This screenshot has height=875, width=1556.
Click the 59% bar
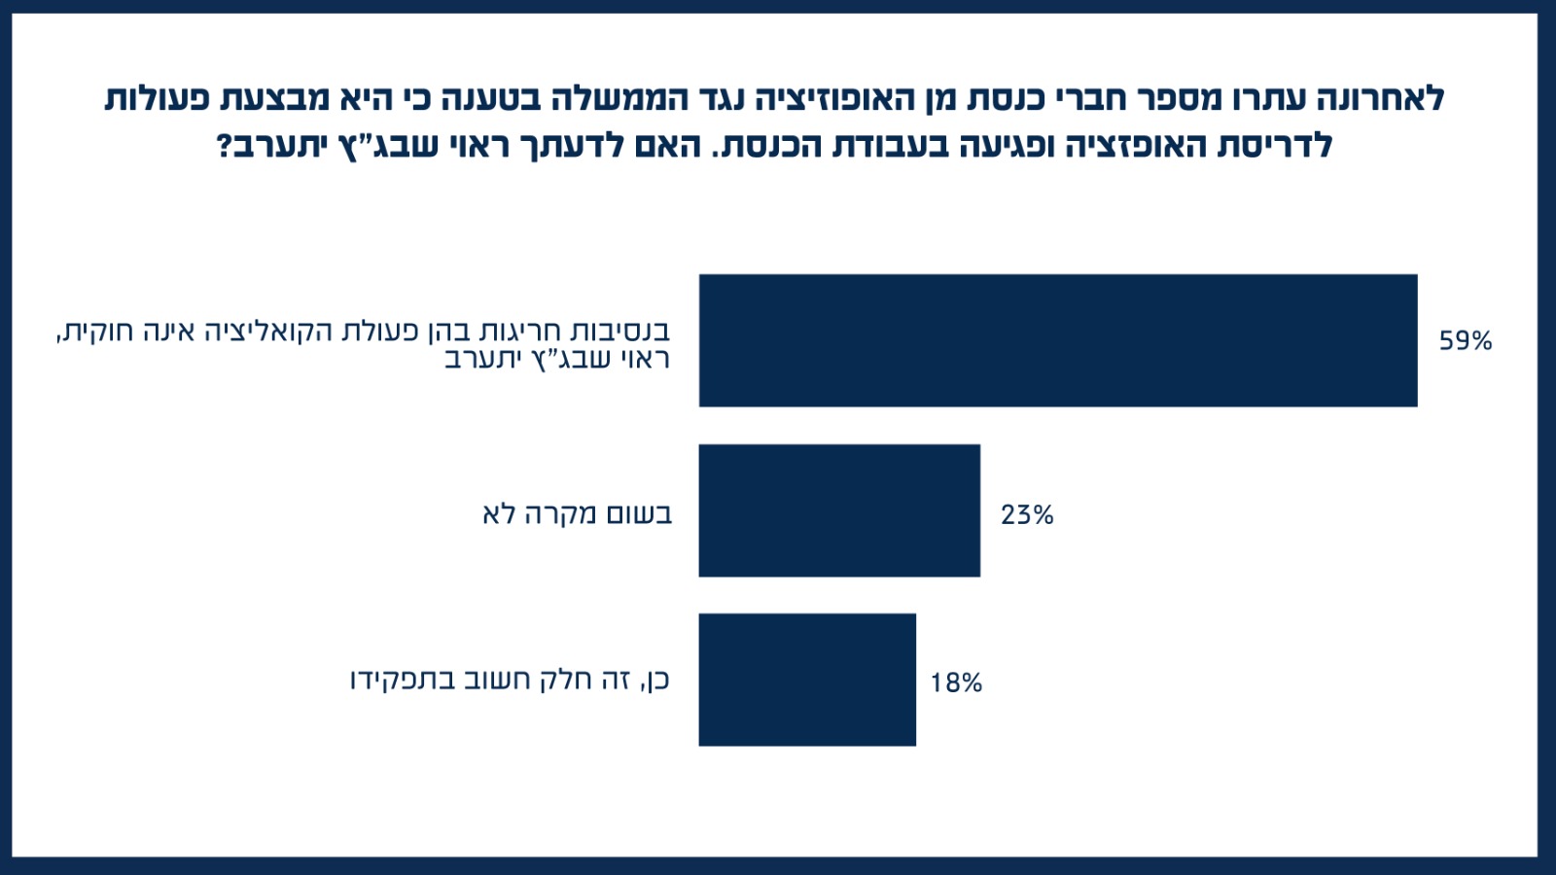[1058, 340]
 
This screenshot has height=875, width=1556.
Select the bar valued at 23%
[839, 510]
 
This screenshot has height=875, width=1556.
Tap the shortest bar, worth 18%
[807, 680]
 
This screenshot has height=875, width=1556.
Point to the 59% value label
[1466, 341]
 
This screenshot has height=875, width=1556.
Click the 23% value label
[1027, 514]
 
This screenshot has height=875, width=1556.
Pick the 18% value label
[956, 683]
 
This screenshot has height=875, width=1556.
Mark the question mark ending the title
[225, 146]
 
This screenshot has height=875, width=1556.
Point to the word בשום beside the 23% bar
[640, 513]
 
